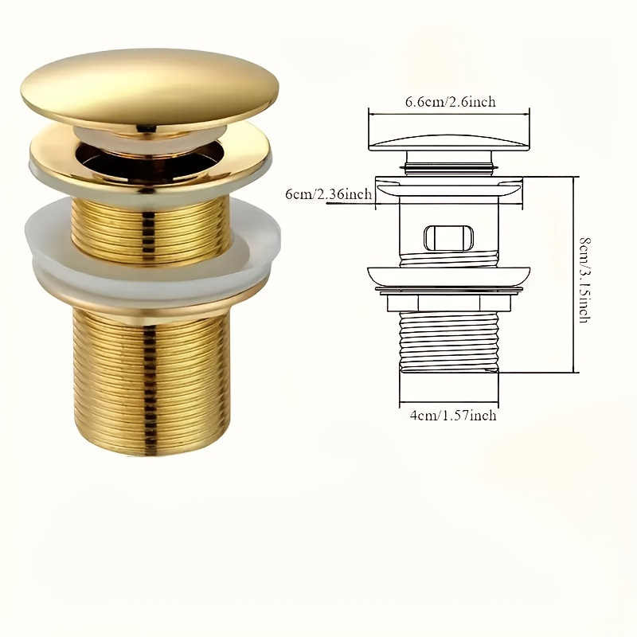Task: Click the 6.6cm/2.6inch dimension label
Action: click(450, 102)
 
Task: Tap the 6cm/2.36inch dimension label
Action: click(329, 195)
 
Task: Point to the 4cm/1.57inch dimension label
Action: click(450, 415)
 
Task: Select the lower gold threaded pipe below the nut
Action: click(151, 382)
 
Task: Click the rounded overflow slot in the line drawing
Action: click(448, 236)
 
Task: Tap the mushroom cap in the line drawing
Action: click(450, 142)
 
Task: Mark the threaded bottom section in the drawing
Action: click(448, 338)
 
